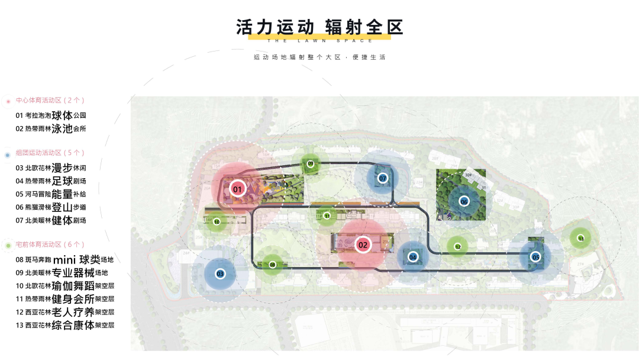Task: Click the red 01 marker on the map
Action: [237, 189]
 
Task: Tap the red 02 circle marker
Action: [363, 244]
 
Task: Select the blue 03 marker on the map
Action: [220, 274]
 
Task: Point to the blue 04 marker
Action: [412, 257]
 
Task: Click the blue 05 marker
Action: [535, 257]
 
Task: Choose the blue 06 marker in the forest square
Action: [464, 201]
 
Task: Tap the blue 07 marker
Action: [383, 178]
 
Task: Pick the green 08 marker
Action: [272, 265]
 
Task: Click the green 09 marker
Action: [311, 163]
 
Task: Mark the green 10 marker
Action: [217, 222]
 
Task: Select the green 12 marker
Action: [457, 247]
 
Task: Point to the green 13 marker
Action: [580, 239]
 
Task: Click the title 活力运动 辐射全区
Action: [319, 27]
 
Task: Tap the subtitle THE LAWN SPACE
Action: [319, 40]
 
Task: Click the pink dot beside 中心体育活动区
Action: [8, 101]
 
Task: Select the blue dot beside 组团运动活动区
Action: [8, 155]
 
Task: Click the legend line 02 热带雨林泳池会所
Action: [51, 128]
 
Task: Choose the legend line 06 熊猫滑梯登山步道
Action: [51, 207]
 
